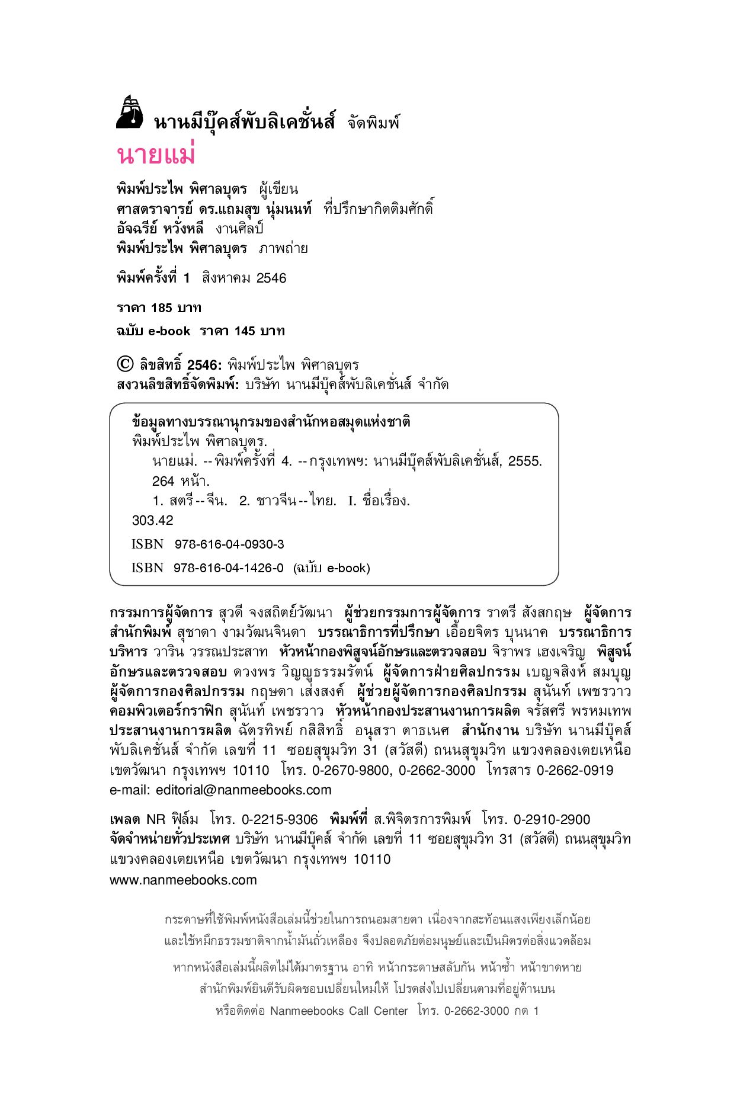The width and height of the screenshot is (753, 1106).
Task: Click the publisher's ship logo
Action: click(x=130, y=112)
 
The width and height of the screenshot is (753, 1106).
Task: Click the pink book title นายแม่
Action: click(x=156, y=155)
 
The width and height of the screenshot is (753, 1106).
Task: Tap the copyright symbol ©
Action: click(x=125, y=364)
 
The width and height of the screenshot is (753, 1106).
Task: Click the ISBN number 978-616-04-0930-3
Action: click(x=229, y=544)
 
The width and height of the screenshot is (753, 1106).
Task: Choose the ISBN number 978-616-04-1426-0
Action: click(x=229, y=568)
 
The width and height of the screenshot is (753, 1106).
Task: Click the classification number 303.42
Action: click(x=152, y=521)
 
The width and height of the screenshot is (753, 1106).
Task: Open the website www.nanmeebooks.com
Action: click(x=183, y=880)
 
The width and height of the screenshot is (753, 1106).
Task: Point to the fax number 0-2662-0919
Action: click(x=575, y=771)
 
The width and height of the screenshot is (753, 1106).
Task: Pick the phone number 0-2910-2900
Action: click(x=552, y=820)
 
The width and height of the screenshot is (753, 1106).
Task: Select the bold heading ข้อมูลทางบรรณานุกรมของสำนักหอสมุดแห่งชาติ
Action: click(x=271, y=422)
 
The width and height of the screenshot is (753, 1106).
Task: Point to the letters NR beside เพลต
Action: click(x=156, y=820)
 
